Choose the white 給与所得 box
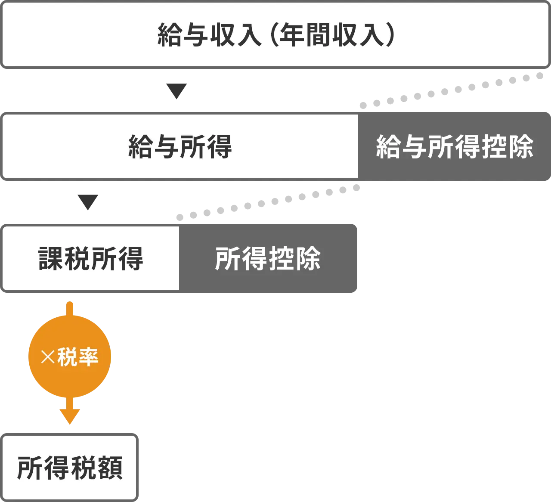click(x=180, y=146)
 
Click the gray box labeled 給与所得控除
click(x=455, y=146)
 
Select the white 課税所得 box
click(x=90, y=258)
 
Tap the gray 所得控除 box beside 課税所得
click(x=268, y=258)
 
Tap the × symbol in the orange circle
click(x=47, y=357)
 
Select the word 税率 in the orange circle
click(x=78, y=357)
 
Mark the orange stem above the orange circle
click(x=70, y=308)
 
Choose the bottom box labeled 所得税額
click(x=70, y=468)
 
